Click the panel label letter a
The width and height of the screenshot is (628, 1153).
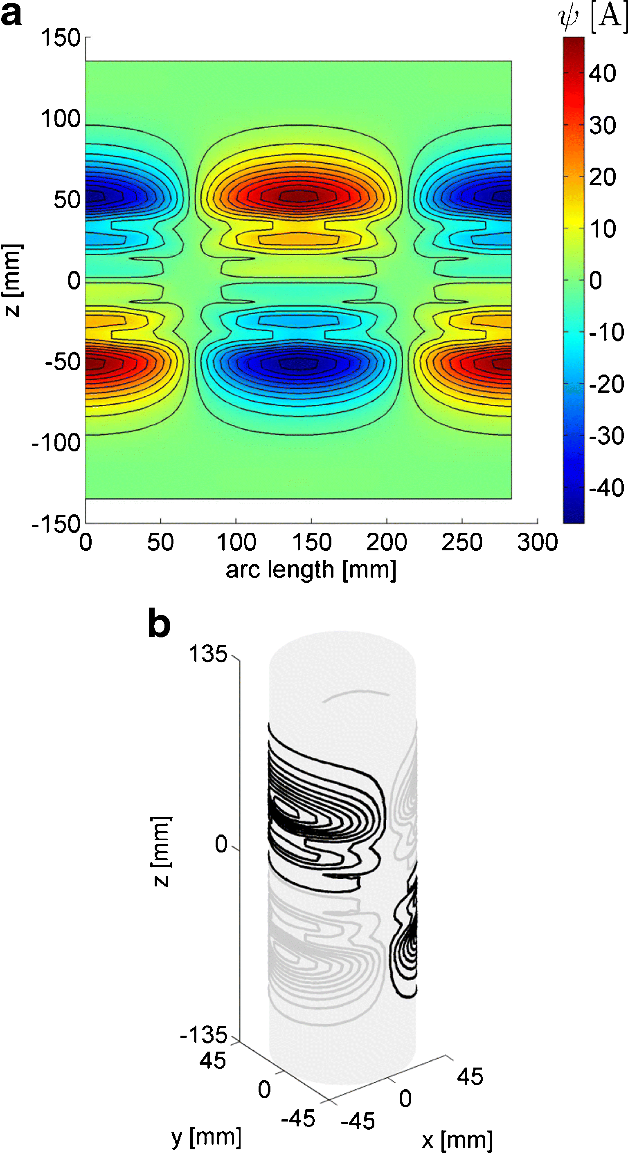(11, 15)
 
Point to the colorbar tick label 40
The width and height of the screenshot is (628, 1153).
(603, 74)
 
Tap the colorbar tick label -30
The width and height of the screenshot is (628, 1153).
(606, 436)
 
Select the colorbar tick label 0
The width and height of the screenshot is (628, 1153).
(595, 280)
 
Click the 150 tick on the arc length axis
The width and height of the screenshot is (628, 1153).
(311, 542)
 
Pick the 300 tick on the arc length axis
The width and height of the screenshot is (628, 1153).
(537, 542)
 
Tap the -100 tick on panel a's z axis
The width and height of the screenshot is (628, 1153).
(56, 443)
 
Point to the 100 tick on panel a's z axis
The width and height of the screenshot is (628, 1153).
(61, 119)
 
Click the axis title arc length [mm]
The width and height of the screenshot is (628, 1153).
(311, 570)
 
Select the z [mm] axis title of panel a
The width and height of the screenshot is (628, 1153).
(12, 280)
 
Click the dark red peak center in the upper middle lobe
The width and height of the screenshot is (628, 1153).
(299, 195)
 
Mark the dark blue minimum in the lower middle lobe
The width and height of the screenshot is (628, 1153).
(299, 363)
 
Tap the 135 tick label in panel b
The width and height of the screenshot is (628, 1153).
(208, 654)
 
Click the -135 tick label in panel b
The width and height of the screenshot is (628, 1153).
(204, 1034)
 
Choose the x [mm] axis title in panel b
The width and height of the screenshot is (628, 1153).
(457, 1140)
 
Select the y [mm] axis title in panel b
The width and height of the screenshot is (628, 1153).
(206, 1137)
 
